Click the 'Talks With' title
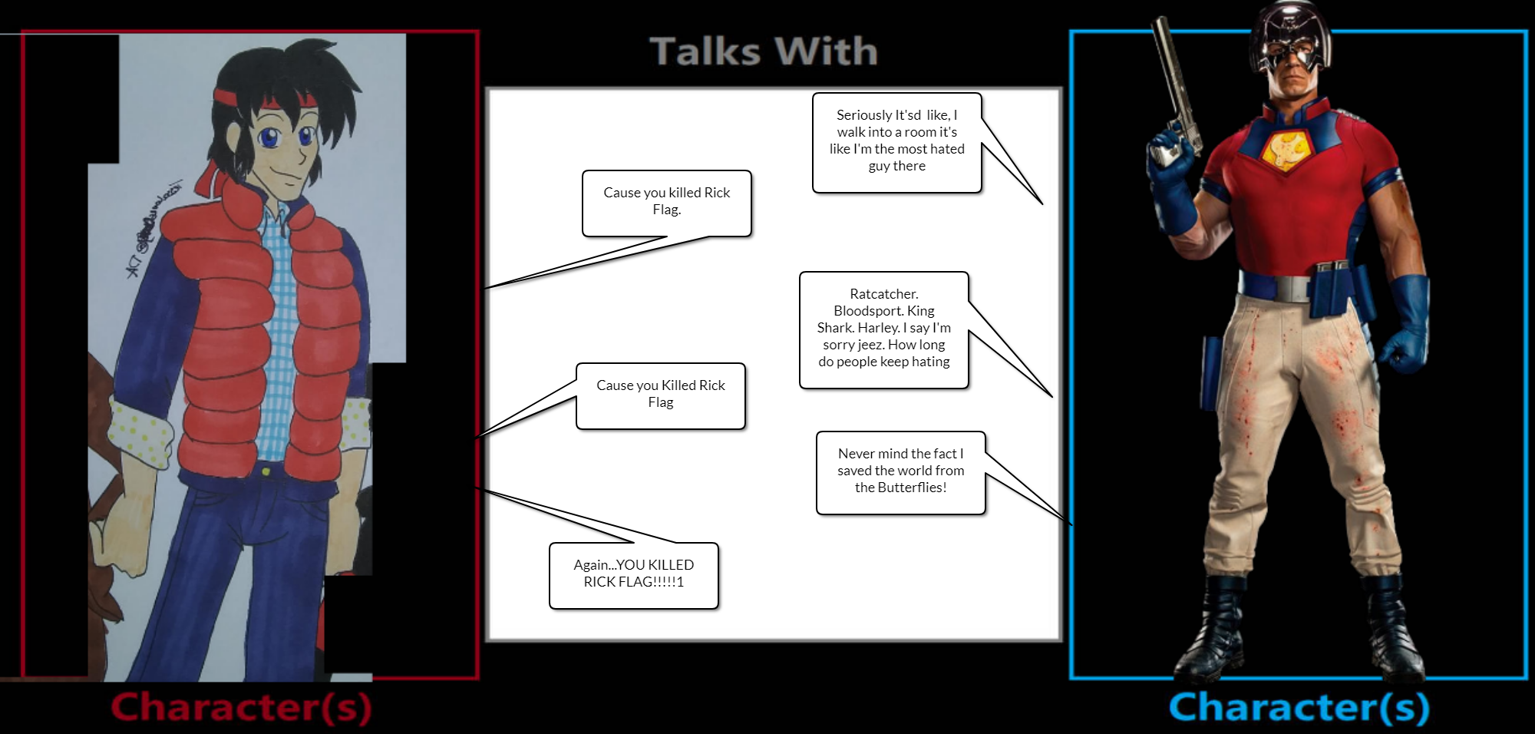(763, 52)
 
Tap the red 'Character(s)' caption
(241, 707)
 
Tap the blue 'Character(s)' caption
(1299, 707)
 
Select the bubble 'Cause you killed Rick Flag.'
(666, 203)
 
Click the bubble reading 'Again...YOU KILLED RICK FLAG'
(633, 575)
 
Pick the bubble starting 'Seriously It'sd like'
(896, 142)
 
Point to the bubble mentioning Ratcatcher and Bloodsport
(883, 329)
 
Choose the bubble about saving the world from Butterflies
(900, 471)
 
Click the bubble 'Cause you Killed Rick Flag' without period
(660, 395)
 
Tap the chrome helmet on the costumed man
(1291, 35)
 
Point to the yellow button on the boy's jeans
(266, 471)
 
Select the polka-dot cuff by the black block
(355, 425)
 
